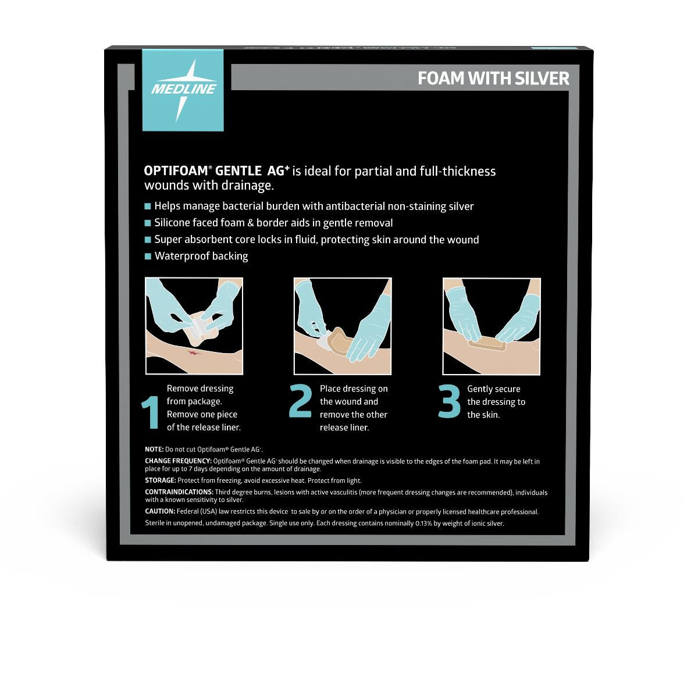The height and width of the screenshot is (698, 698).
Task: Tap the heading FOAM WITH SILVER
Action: point(493,79)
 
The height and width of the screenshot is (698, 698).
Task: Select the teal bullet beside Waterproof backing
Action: point(148,256)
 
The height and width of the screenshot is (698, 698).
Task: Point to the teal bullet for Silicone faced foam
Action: point(148,223)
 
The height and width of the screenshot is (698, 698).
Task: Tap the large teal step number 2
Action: point(300,403)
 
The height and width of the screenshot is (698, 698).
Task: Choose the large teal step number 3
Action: point(449,403)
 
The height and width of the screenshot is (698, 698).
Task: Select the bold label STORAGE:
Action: point(160,480)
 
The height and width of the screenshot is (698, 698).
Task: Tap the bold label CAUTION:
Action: point(160,512)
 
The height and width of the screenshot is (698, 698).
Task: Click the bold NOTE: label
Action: point(154,449)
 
